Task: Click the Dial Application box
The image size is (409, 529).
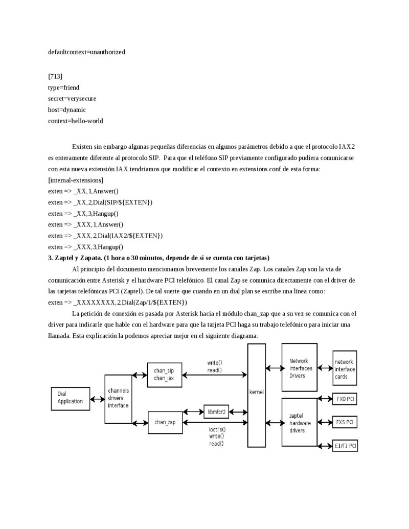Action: point(70,398)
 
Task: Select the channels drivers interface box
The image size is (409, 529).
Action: point(118,398)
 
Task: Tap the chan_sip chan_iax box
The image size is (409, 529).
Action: point(165,375)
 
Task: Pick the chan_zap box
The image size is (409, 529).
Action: point(165,422)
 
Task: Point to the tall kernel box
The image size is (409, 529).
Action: point(257,395)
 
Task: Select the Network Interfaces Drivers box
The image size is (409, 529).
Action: point(300,368)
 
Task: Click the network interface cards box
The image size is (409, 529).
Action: point(345,369)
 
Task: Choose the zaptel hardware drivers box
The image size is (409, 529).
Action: point(300,423)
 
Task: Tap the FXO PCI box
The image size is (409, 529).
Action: point(346,398)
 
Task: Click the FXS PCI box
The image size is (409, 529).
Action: point(346,422)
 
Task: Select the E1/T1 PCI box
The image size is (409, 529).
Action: point(346,446)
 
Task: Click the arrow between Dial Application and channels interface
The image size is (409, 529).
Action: point(97,398)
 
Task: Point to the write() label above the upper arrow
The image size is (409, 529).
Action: point(215,363)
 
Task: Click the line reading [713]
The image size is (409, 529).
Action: point(55,77)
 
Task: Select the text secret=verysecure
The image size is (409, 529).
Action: point(72,99)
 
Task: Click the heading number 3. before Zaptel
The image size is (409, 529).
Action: point(51,258)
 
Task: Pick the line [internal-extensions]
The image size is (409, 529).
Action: point(76,180)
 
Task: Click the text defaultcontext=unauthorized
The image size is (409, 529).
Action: point(86,52)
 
